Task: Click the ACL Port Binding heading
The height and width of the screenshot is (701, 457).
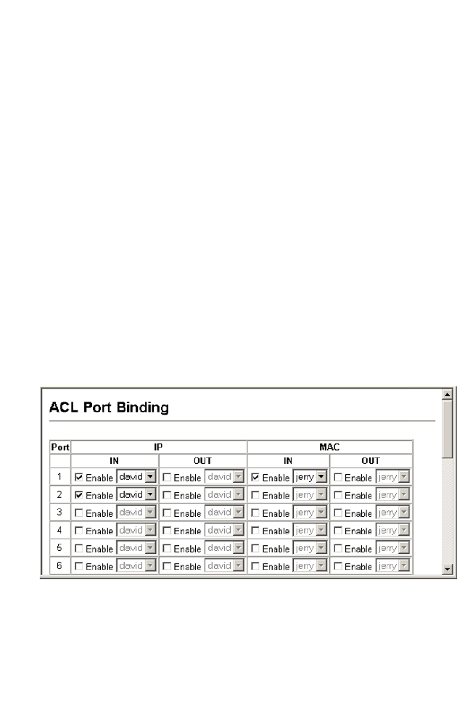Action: (109, 408)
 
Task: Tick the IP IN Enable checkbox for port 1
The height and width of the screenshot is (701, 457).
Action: (79, 478)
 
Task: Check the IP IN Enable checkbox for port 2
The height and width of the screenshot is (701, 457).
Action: (79, 495)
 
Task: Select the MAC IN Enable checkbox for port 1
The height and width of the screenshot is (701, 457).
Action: (255, 478)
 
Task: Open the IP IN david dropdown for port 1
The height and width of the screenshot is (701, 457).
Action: (150, 478)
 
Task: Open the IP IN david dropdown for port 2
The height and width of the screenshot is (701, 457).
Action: (150, 495)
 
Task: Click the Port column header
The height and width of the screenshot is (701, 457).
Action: (59, 447)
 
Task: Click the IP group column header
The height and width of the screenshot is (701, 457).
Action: (158, 447)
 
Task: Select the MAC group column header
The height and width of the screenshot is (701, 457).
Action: (329, 447)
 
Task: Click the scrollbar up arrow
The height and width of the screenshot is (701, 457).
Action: (448, 394)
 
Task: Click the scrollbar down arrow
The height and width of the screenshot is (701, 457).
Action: (448, 570)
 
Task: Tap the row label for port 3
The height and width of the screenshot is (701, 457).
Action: (59, 513)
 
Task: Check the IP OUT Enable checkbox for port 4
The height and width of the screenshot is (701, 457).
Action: (167, 530)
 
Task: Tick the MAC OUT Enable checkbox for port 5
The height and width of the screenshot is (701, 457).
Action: (338, 547)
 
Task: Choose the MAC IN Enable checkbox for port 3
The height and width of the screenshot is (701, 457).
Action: (255, 513)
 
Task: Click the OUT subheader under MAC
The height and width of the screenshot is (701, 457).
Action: (371, 460)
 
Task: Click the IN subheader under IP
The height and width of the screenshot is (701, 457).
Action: (115, 460)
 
